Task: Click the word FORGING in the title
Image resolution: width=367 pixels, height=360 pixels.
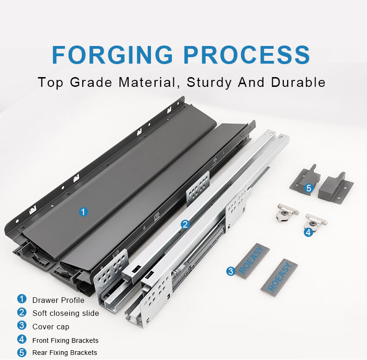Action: click(x=112, y=54)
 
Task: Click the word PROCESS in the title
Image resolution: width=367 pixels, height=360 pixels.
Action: click(x=247, y=54)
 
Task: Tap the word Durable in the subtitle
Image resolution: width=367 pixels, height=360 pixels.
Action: click(x=298, y=82)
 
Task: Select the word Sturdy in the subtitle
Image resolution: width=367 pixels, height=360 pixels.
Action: click(x=209, y=83)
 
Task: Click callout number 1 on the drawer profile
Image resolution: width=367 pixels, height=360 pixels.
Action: click(x=83, y=212)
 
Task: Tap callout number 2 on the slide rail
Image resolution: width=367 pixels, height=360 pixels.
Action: click(x=185, y=224)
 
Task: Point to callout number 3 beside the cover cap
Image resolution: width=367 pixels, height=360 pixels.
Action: click(x=231, y=271)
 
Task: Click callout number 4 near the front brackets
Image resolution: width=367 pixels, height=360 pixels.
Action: click(x=308, y=232)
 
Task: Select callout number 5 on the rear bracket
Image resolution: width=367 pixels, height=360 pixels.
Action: click(x=309, y=188)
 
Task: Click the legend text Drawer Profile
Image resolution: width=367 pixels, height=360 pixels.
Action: click(x=58, y=300)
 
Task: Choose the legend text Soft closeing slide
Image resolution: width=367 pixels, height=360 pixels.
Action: click(x=66, y=313)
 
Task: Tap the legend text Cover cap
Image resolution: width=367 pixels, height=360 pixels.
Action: click(x=51, y=327)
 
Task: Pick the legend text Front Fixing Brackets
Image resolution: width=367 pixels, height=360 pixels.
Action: click(x=66, y=340)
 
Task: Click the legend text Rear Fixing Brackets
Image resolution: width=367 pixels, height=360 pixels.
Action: click(x=65, y=353)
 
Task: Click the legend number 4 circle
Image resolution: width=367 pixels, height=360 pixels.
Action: click(x=22, y=339)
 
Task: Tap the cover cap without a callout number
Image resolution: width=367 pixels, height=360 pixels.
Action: click(x=279, y=278)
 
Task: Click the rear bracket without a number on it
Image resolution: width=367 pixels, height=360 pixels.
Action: click(x=336, y=187)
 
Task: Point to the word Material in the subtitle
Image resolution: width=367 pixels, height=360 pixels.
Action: click(x=149, y=83)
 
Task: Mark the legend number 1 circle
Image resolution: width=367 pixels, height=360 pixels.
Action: click(x=22, y=299)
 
